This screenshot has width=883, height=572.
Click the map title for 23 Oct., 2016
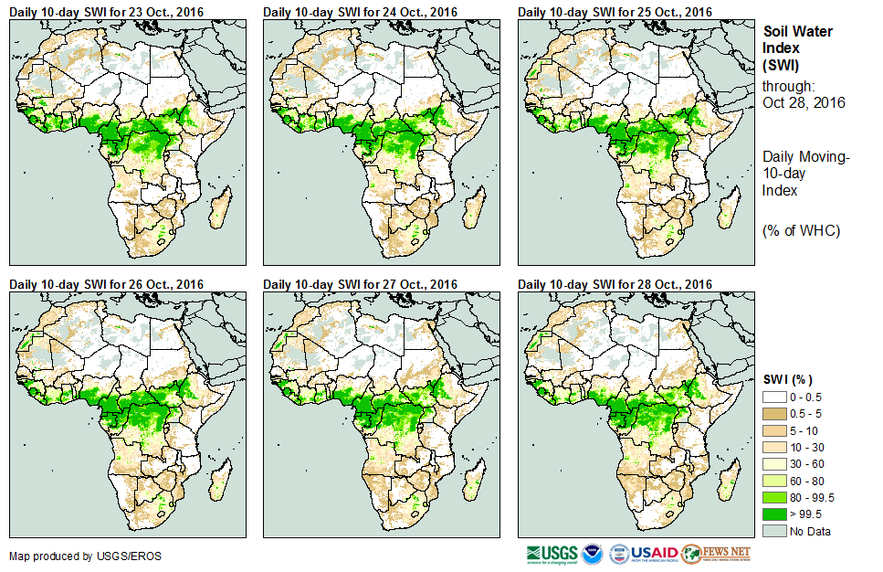click(x=106, y=12)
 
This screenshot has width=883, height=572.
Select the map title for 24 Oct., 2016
click(x=360, y=12)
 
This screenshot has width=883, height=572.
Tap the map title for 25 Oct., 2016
click(x=615, y=12)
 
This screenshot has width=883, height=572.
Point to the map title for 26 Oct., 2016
click(x=106, y=284)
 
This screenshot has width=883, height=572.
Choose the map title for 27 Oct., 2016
click(x=360, y=284)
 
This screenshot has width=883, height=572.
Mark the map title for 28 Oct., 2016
click(x=615, y=284)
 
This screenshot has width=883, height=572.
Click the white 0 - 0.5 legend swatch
click(x=774, y=396)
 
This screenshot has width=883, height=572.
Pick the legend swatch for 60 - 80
click(x=774, y=481)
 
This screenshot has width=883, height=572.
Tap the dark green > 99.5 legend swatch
click(x=774, y=514)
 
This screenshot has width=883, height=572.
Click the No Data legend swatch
click(x=774, y=531)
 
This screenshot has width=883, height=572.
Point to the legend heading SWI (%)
click(x=787, y=379)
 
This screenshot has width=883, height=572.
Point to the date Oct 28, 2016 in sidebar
click(x=804, y=102)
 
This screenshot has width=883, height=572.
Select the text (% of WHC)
click(x=801, y=230)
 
